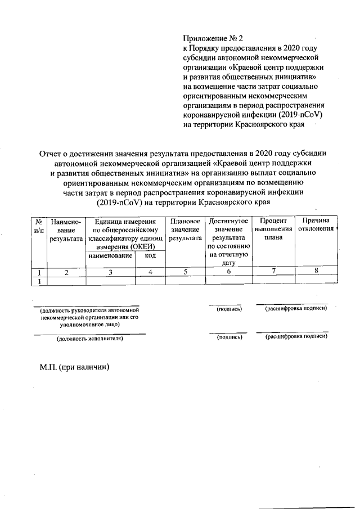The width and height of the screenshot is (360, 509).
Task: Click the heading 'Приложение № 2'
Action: pyautogui.click(x=212, y=39)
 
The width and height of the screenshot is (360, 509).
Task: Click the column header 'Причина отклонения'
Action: pyautogui.click(x=317, y=226)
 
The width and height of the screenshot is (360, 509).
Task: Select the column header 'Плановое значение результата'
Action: pyautogui.click(x=185, y=230)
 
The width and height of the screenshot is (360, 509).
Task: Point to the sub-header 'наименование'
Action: pyautogui.click(x=110, y=256)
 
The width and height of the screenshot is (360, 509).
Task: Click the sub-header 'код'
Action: pyautogui.click(x=150, y=256)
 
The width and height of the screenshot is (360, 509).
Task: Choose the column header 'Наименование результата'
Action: pyautogui.click(x=66, y=230)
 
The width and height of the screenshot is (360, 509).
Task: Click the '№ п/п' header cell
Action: pyautogui.click(x=39, y=226)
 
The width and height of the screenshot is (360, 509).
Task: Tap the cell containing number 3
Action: pyautogui.click(x=110, y=272)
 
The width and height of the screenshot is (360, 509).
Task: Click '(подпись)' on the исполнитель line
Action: pyautogui.click(x=229, y=337)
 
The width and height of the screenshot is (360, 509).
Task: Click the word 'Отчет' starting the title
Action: pyautogui.click(x=51, y=153)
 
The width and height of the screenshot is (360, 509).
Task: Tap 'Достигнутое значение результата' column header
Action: pyautogui.click(x=228, y=238)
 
